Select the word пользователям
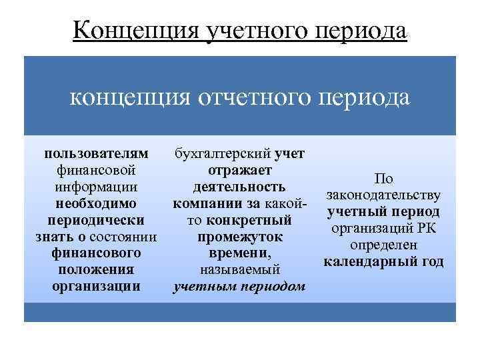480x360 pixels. coord(96,154)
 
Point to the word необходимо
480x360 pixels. coord(96,203)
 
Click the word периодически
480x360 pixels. coord(96,220)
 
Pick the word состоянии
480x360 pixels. coord(125,237)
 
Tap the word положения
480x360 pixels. coord(96,270)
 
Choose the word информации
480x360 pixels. coord(96,187)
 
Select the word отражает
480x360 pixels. coord(239,170)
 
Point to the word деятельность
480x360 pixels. coord(239,187)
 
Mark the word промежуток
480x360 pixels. coord(239,237)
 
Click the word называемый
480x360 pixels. coord(239,270)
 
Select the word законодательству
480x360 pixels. coord(383,195)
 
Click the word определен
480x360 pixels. coord(383,245)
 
